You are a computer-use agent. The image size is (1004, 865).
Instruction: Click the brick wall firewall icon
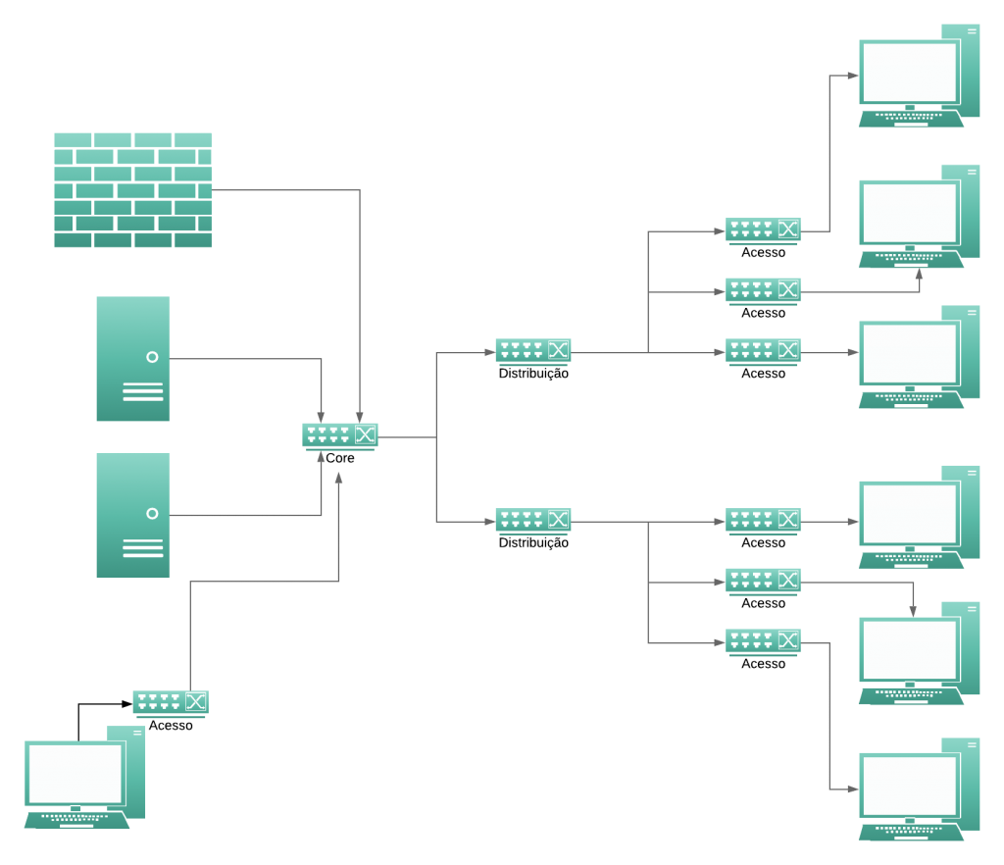132,189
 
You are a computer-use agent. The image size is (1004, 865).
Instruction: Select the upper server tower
133,358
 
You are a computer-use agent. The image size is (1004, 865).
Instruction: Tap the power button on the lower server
152,513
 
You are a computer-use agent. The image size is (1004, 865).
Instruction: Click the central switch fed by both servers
339,435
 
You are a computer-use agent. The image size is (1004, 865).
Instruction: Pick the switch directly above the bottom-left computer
170,702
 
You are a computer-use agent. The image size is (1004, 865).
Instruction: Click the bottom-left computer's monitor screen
75,773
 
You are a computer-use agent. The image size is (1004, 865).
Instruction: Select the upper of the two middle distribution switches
532,351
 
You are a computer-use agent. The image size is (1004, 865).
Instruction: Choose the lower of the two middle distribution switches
532,521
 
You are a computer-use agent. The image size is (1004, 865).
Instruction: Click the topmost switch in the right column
763,230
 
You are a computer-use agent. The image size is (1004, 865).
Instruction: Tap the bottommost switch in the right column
763,641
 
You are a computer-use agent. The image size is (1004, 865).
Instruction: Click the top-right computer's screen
909,72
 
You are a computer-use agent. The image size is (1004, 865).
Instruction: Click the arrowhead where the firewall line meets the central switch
360,418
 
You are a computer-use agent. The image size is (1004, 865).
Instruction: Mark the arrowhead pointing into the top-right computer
853,75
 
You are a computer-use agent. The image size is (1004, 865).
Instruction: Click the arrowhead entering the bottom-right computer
853,789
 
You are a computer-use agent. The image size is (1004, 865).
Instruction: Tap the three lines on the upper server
143,392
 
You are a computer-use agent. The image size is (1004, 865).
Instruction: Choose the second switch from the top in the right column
763,290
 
